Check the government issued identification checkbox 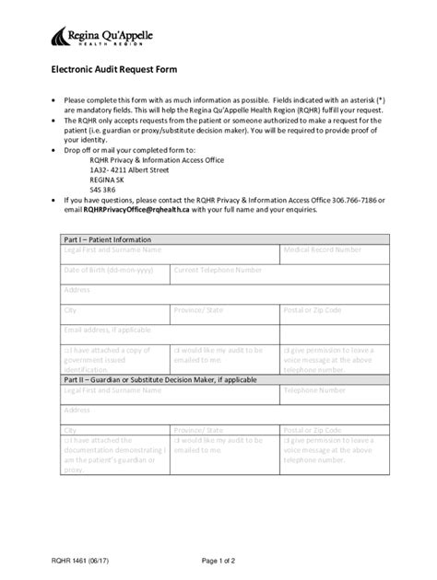click(65, 351)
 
